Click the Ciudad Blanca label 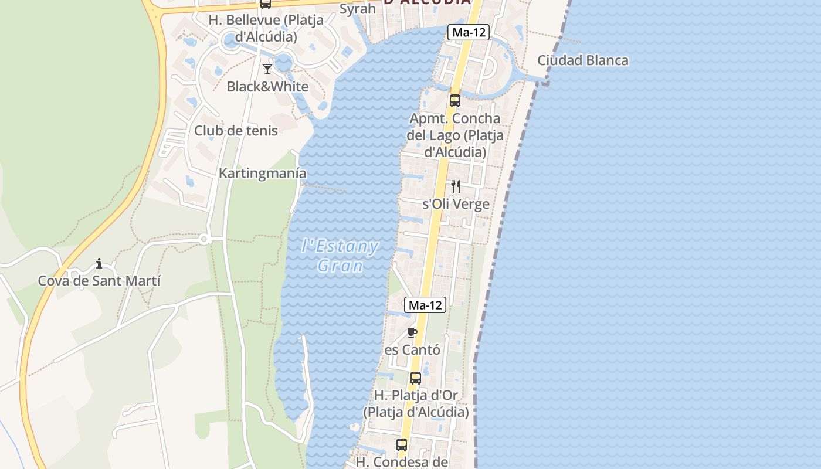(582, 60)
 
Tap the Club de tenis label (236, 130)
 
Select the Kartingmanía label (262, 174)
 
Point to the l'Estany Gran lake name (340, 256)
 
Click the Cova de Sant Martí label (99, 281)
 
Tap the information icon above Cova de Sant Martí (99, 264)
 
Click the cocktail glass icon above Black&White (267, 69)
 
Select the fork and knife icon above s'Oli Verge (456, 186)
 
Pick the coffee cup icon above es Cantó (412, 333)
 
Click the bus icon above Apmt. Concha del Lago (455, 100)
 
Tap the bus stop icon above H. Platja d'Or (416, 378)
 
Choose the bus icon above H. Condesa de (402, 445)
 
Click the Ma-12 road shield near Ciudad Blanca (469, 32)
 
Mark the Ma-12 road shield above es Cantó (425, 305)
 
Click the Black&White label (267, 87)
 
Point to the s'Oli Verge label (456, 205)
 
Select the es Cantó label (412, 350)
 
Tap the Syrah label (358, 9)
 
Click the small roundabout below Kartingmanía (204, 239)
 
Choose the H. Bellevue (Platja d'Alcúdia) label (266, 28)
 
